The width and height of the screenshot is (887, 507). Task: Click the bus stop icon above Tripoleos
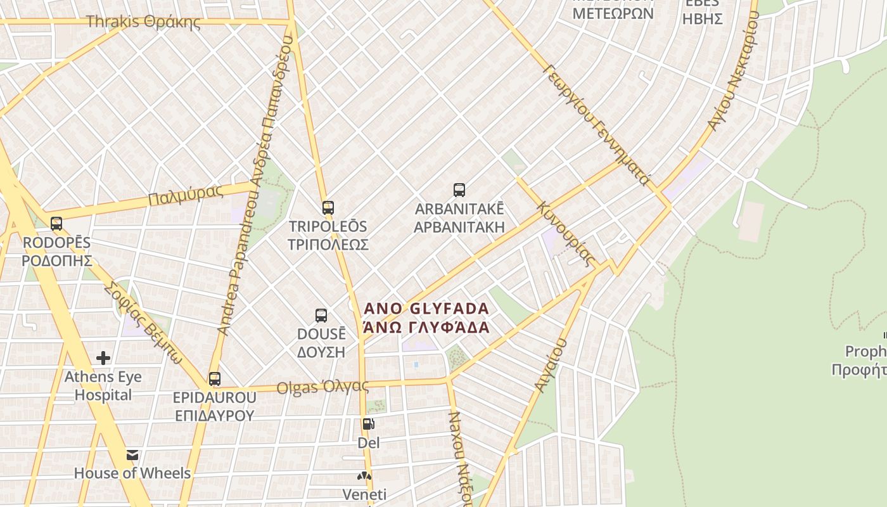point(328,208)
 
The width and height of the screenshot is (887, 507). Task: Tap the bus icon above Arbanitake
point(459,190)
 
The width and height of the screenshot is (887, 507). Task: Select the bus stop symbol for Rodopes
point(56,224)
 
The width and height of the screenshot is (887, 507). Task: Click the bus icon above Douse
point(321,316)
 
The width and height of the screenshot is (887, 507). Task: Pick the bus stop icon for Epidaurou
point(215,380)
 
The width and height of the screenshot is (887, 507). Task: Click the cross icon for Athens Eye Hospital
point(103,359)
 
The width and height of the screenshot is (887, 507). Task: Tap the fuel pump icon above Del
point(368,424)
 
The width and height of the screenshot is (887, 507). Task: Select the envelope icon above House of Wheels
point(132,455)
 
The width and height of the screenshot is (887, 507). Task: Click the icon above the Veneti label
point(364,476)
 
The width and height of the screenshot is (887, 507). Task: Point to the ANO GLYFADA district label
point(427,309)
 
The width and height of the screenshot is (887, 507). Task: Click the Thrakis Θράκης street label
point(143,22)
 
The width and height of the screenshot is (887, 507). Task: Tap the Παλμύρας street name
point(186,195)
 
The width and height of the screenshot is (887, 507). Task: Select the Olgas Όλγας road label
point(322,387)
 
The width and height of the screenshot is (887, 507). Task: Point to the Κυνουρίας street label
point(566,234)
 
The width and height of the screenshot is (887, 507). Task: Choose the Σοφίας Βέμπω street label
point(143,323)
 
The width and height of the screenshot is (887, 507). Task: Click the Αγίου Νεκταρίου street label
point(733,71)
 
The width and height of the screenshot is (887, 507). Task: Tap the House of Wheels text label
point(132,473)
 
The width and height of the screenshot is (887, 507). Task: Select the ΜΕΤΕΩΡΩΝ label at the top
point(613,13)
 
